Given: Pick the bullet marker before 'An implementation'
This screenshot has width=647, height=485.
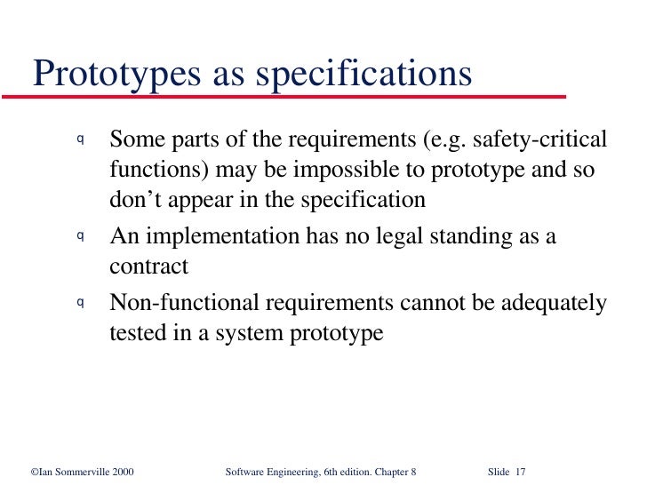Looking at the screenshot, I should [80, 235].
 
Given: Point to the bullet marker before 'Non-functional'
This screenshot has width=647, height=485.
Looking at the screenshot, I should [80, 302].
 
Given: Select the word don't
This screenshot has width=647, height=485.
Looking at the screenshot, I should [135, 200].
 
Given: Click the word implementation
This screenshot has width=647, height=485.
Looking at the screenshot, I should [223, 237].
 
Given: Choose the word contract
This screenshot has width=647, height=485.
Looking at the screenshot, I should [148, 266].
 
